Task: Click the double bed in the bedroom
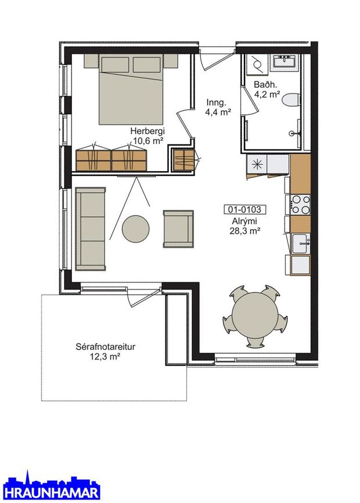[x=131, y=89]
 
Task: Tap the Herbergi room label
[x=147, y=131]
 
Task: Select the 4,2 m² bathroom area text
[x=267, y=95]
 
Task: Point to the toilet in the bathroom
[x=291, y=99]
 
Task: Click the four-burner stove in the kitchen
[x=300, y=205]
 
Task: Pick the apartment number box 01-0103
[x=244, y=209]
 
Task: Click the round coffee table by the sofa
[x=135, y=229]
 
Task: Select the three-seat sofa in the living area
[x=90, y=229]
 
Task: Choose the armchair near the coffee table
[x=178, y=229]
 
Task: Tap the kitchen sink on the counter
[x=301, y=244]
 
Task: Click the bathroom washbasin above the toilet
[x=285, y=61]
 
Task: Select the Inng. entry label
[x=217, y=103]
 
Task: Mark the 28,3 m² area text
[x=244, y=231]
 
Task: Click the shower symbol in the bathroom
[x=257, y=64]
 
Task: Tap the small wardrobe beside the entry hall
[x=183, y=160]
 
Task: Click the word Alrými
[x=244, y=222]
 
